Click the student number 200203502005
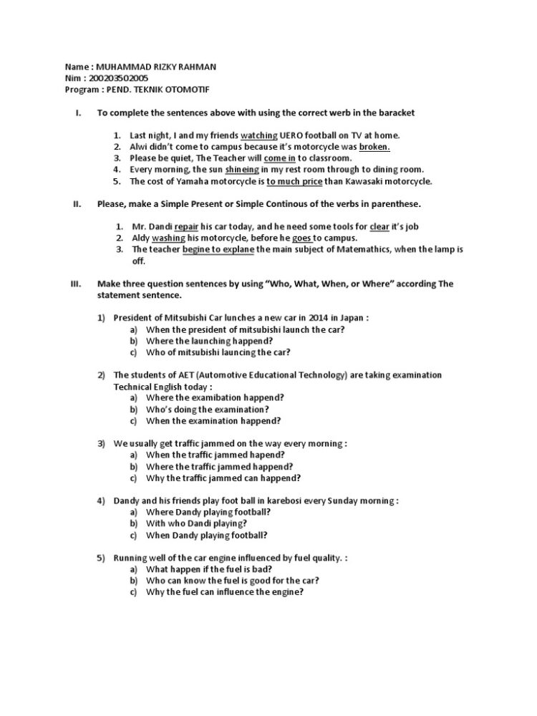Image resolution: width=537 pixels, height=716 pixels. pyautogui.click(x=119, y=77)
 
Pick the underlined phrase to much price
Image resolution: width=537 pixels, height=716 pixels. pyautogui.click(x=294, y=181)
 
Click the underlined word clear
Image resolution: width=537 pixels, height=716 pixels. pyautogui.click(x=379, y=226)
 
